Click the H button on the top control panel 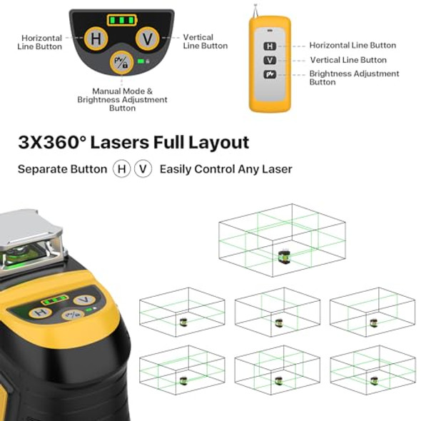[95, 39]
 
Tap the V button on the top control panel [148, 39]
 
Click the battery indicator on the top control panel [121, 19]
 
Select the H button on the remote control [270, 46]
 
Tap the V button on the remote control [270, 60]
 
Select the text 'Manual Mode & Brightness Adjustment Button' [122, 100]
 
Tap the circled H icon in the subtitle [122, 169]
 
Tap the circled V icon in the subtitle [144, 169]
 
